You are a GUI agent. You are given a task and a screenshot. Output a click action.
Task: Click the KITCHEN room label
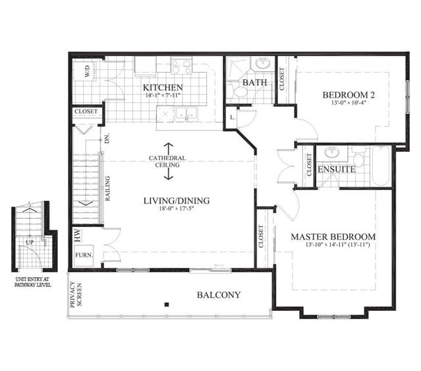coord(163,87)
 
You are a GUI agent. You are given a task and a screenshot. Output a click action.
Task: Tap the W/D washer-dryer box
coord(86,71)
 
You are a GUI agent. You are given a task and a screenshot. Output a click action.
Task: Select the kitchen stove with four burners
coord(181,66)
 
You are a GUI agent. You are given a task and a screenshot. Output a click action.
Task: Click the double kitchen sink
coord(186,114)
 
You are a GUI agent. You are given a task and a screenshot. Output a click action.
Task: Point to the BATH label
coord(254,83)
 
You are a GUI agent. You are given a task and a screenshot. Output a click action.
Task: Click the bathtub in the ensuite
coord(381,166)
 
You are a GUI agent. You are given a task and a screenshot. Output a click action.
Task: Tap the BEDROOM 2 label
coord(349,94)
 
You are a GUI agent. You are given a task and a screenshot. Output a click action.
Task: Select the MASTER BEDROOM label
coord(333,237)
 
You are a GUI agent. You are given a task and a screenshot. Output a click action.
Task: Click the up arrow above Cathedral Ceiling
coord(169,149)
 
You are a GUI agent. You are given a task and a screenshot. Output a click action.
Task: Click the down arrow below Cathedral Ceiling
coord(169,174)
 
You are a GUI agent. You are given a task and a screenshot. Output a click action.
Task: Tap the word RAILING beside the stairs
coord(107,188)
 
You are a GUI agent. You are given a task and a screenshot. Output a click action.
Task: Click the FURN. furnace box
coord(84,255)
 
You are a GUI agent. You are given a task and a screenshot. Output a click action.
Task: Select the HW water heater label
coord(77,236)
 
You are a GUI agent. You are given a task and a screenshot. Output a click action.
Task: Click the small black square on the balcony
coord(167,304)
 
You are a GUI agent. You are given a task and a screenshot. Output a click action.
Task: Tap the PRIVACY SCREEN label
coord(76,294)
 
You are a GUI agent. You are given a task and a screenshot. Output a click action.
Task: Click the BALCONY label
coord(219,295)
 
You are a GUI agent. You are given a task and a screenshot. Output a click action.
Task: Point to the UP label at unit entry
coord(30,242)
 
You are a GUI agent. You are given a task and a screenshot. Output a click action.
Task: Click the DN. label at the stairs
coord(107,139)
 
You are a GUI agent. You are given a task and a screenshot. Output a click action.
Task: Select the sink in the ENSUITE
coord(332,152)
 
